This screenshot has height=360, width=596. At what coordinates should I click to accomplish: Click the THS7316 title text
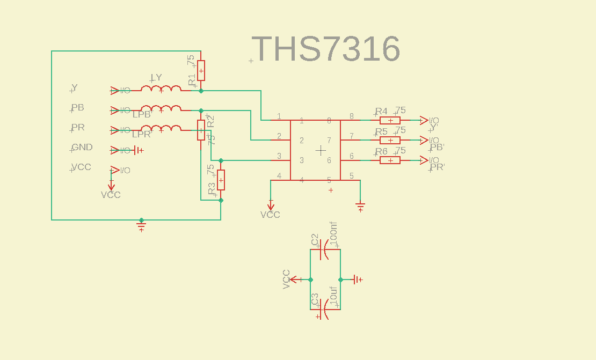pos(326,49)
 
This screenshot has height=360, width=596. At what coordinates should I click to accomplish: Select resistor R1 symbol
pos(201,70)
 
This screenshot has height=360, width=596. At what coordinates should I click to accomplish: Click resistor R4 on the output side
pos(390,120)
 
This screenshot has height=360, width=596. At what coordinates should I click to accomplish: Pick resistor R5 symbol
pos(390,140)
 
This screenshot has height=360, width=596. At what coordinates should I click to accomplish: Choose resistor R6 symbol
pos(390,160)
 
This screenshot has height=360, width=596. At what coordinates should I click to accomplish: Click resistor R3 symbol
pos(221,180)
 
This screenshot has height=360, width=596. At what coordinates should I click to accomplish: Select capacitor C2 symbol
pos(324,249)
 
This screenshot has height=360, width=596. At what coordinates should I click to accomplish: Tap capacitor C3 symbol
pos(324,310)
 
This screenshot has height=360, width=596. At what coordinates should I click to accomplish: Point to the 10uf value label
pos(333,296)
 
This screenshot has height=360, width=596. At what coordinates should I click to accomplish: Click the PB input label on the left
pos(78,107)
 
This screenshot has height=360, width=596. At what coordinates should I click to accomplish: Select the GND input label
pos(82,147)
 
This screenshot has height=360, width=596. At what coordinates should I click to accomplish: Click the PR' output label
pos(438,167)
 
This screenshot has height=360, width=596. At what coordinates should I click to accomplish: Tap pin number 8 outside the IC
pos(352,116)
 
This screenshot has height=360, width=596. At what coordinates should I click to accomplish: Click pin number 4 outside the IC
pos(279,175)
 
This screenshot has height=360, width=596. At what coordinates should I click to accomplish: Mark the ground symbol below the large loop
pos(141,226)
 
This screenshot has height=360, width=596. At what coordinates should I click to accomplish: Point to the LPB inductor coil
pos(161,109)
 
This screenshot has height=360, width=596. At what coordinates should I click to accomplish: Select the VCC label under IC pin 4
pos(270,215)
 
